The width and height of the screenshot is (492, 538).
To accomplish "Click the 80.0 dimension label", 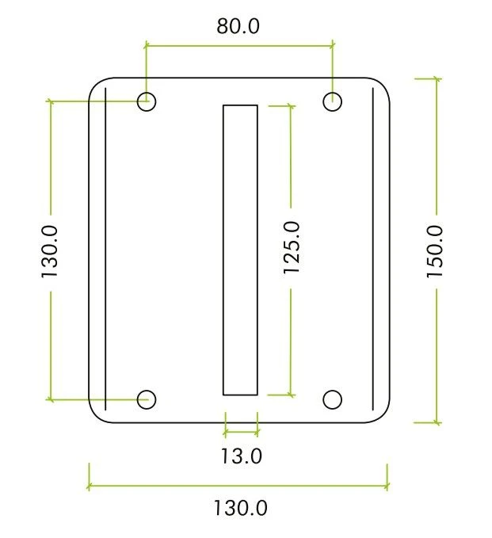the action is point(238,26).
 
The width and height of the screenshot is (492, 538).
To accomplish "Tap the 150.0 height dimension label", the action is point(435,251).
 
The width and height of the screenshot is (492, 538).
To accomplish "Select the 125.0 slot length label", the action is point(292,247).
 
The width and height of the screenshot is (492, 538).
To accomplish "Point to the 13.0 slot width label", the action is point(241,456).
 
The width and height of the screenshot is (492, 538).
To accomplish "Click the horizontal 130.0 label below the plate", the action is point(240,508).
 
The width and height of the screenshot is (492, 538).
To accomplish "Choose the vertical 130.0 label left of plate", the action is point(50,251).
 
